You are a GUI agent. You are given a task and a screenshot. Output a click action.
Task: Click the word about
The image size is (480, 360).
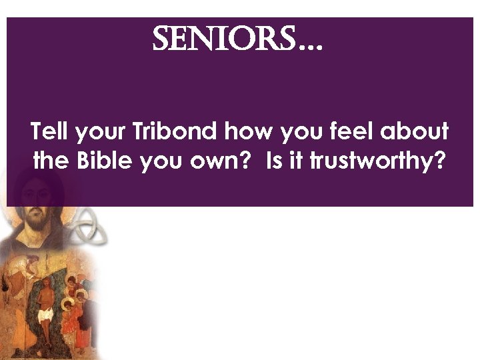pos(415,133)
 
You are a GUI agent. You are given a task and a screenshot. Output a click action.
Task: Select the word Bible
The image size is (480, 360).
pos(107,162)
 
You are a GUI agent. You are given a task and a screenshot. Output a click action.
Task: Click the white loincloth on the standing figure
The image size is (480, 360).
pos(46,313)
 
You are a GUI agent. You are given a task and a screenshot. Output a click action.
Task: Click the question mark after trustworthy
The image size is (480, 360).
pos(440,162)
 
